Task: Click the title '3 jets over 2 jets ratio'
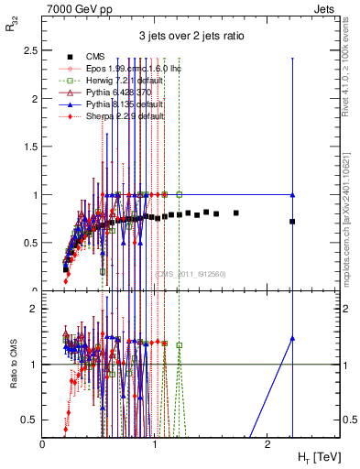191,36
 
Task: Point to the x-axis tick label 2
267,444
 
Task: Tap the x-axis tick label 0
43,444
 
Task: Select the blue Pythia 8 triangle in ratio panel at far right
292,338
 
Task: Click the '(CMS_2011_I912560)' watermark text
190,273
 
